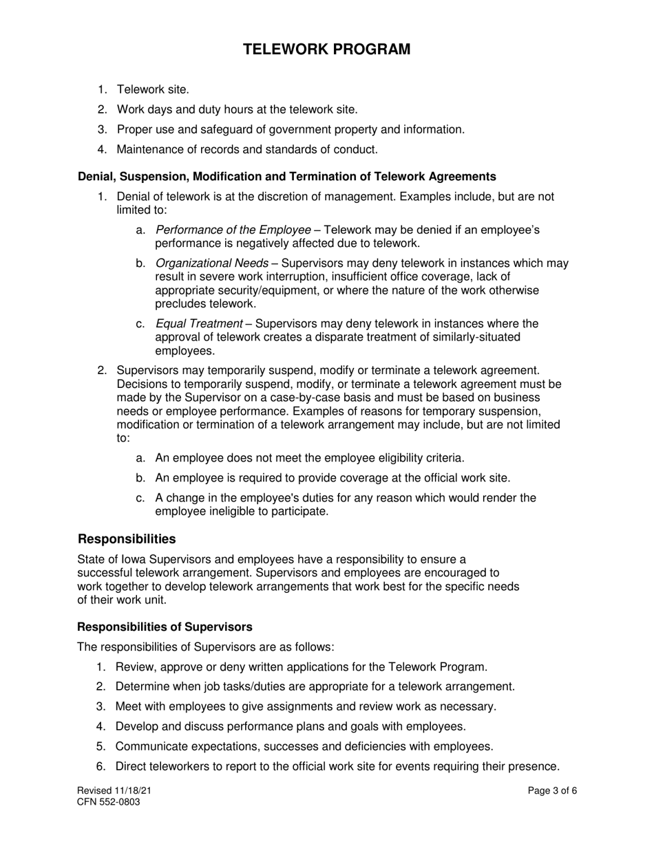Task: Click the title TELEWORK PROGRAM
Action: [327, 50]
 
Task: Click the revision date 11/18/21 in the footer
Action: [133, 791]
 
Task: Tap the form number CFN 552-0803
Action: [109, 802]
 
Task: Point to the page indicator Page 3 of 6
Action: [552, 791]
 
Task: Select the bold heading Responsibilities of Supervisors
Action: [165, 627]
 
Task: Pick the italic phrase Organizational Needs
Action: [212, 263]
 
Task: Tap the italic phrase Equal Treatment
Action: [199, 324]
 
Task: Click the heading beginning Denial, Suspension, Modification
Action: [286, 177]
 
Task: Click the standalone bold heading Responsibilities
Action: [127, 539]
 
